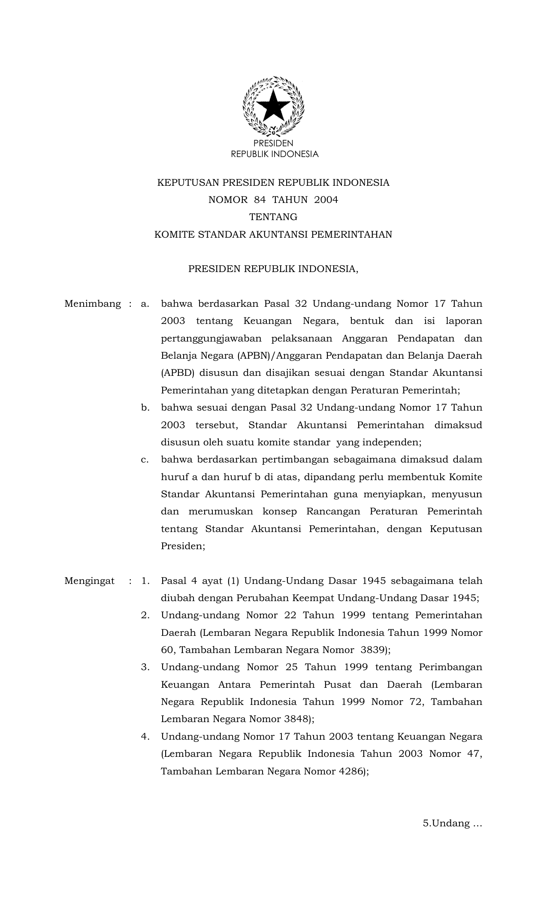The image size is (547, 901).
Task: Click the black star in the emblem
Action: click(273, 106)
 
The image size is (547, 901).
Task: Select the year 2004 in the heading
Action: click(326, 200)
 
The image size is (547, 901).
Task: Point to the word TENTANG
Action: click(273, 217)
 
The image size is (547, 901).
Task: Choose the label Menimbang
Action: click(93, 304)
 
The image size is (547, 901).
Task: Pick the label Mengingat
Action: click(89, 581)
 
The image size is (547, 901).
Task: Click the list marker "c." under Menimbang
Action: click(145, 460)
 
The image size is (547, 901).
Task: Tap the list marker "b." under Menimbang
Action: click(145, 408)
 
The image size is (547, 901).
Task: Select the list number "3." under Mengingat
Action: click(145, 668)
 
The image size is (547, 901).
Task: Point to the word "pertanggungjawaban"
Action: click(211, 339)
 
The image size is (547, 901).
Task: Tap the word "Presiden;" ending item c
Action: click(183, 546)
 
